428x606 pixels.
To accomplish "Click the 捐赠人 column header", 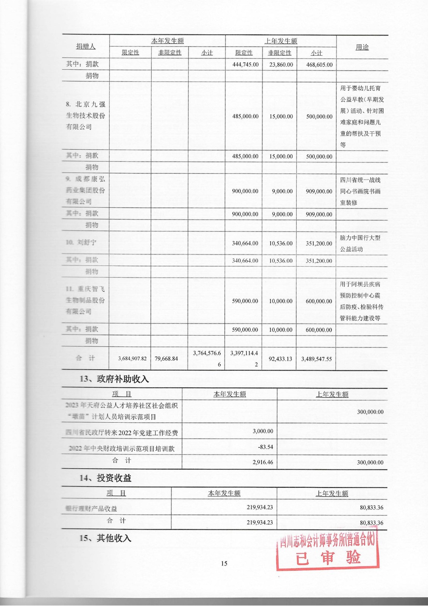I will pos(86,47).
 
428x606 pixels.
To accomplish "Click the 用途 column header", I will pos(362,47).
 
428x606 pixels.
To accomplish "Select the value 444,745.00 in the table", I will pos(245,65).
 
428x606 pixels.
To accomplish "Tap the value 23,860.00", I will pos(281,65).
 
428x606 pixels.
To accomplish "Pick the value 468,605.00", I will pos(319,65).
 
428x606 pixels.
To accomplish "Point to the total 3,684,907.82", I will pos(132,358).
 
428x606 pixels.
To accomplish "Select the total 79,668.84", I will pos(166,358).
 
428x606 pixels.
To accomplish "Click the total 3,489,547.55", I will pos(316,359).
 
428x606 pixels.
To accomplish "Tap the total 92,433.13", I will pos(280,359).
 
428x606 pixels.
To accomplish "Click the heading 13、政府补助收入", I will pos(114,379).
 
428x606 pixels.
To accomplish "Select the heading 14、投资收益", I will pos(105,478).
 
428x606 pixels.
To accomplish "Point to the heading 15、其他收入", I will pos(105,538).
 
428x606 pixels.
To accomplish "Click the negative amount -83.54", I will pos(265,447).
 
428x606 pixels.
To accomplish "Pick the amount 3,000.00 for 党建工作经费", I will pos(263,431).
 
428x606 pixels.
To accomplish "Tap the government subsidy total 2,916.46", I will pos(263,462).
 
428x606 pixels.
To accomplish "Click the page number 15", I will pos(224,564).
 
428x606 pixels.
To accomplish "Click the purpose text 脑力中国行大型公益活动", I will pos(360,244).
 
